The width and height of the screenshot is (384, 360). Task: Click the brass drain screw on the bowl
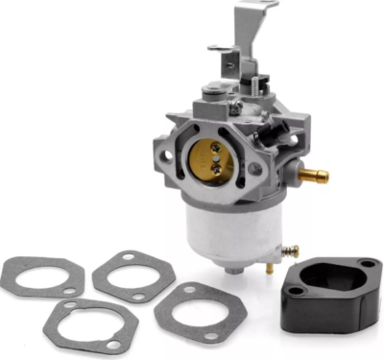coord(289,252)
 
